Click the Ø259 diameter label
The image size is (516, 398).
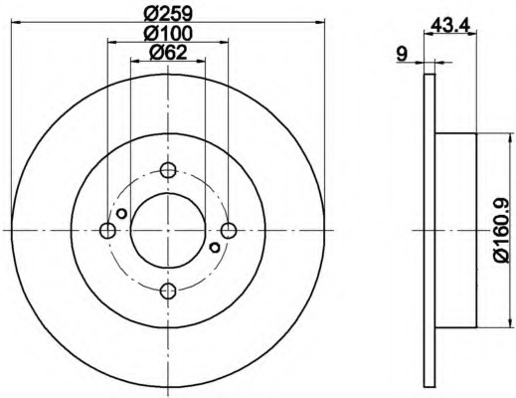point(168,14)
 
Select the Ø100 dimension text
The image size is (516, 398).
point(168,33)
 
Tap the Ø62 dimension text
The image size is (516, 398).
point(168,53)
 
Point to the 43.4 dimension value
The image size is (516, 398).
point(450,25)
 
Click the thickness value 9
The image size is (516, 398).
point(402,55)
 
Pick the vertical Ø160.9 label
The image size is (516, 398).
point(501,231)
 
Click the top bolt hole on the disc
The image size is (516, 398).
point(168,170)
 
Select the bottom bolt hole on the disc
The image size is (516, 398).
point(168,291)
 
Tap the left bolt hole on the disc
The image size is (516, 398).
point(107,231)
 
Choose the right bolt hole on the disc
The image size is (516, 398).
point(229,231)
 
